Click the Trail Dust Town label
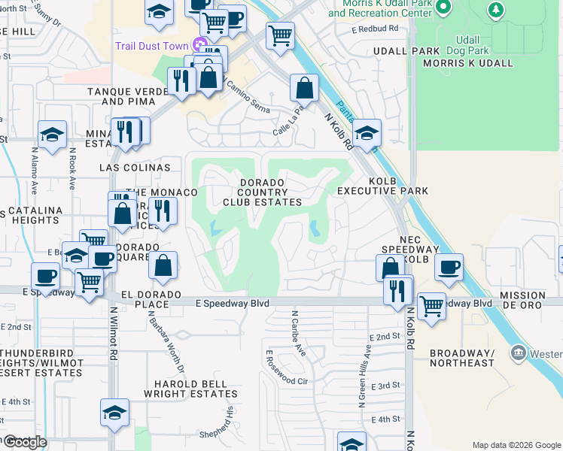(x=151, y=46)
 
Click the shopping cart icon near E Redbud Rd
(x=280, y=34)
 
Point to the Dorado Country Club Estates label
(x=262, y=192)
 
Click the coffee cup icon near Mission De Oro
(x=449, y=266)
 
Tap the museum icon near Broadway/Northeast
(x=518, y=353)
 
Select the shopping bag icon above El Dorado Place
(x=163, y=265)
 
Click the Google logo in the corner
(x=24, y=442)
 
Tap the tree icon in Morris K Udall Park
(x=495, y=10)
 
